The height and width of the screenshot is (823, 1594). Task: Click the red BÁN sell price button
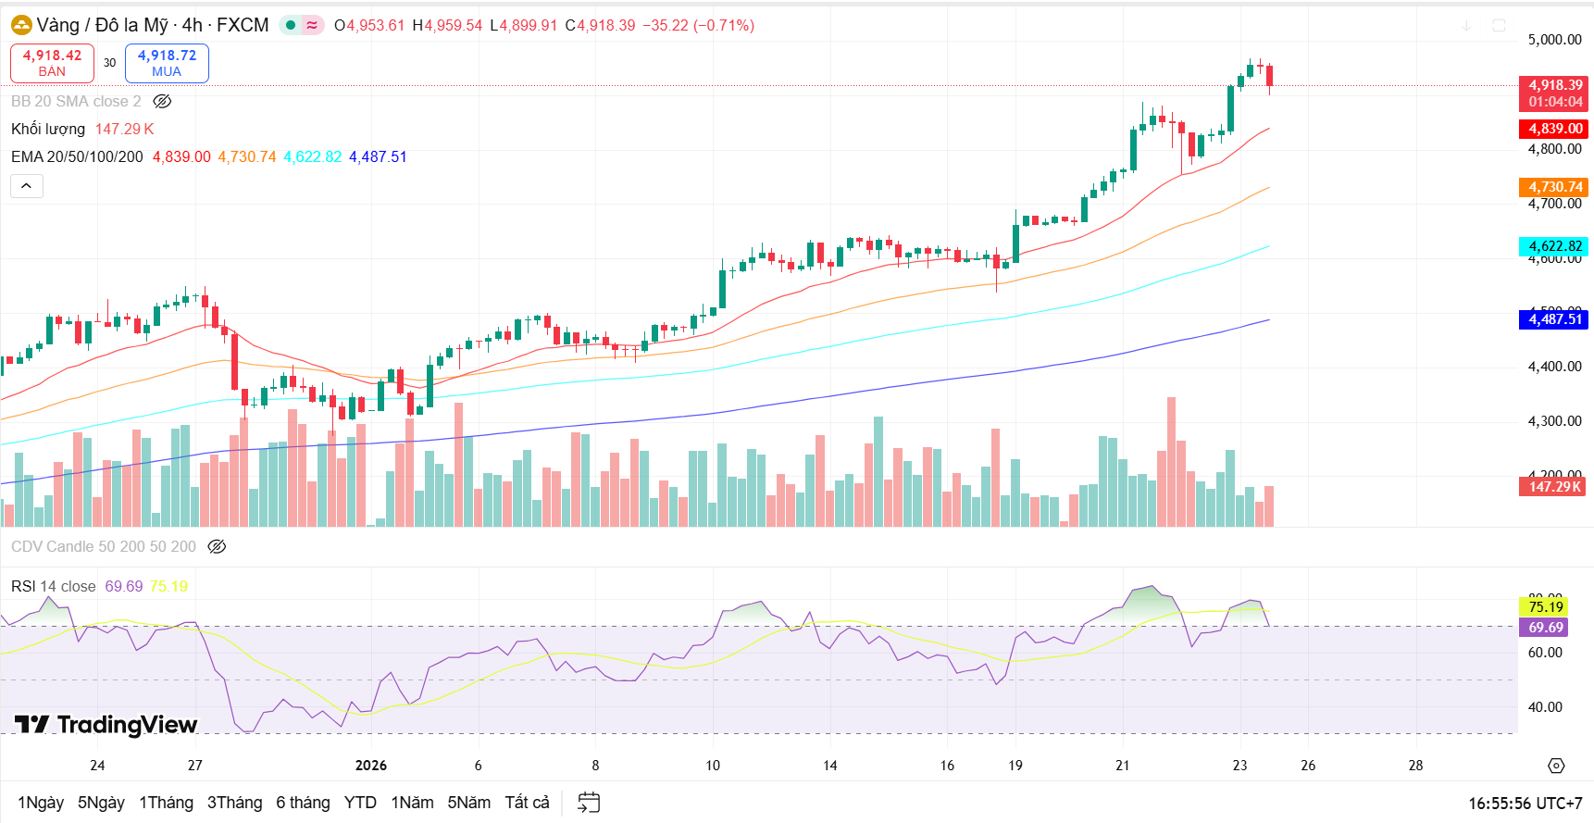click(52, 63)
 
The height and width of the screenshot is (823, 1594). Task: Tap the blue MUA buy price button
click(167, 63)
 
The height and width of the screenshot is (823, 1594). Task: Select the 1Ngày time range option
click(41, 803)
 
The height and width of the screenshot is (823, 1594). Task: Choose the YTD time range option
click(360, 803)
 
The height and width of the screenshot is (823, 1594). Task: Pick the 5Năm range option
click(469, 803)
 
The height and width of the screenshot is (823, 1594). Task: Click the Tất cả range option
click(527, 803)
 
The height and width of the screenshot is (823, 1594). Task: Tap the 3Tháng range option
click(234, 803)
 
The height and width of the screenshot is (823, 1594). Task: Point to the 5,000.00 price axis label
click(1554, 40)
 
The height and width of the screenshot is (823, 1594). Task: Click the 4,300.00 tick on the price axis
click(1554, 421)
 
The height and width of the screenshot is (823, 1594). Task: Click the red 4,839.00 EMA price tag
click(1555, 129)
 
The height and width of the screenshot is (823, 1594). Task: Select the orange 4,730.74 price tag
click(1555, 187)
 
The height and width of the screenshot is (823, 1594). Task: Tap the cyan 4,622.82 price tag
click(1555, 246)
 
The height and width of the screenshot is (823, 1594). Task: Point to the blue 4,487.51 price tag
click(1555, 319)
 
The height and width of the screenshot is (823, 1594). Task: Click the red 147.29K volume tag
click(1554, 487)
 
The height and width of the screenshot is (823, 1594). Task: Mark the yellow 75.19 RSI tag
click(1545, 607)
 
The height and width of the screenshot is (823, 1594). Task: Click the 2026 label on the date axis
click(371, 766)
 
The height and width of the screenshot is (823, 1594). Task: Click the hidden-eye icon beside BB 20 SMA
click(162, 102)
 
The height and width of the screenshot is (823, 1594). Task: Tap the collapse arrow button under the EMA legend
click(27, 186)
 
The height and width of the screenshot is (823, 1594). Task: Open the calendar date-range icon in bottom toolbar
click(589, 803)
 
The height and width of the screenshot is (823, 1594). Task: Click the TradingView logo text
click(106, 725)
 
